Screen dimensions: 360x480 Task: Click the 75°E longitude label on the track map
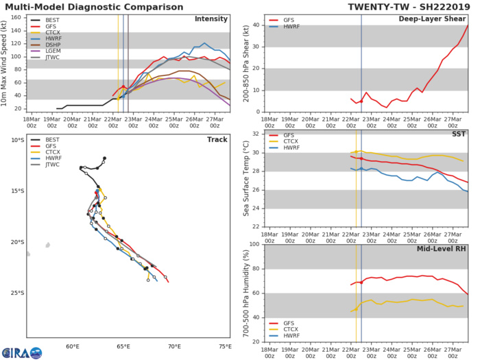[x=226, y=347]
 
